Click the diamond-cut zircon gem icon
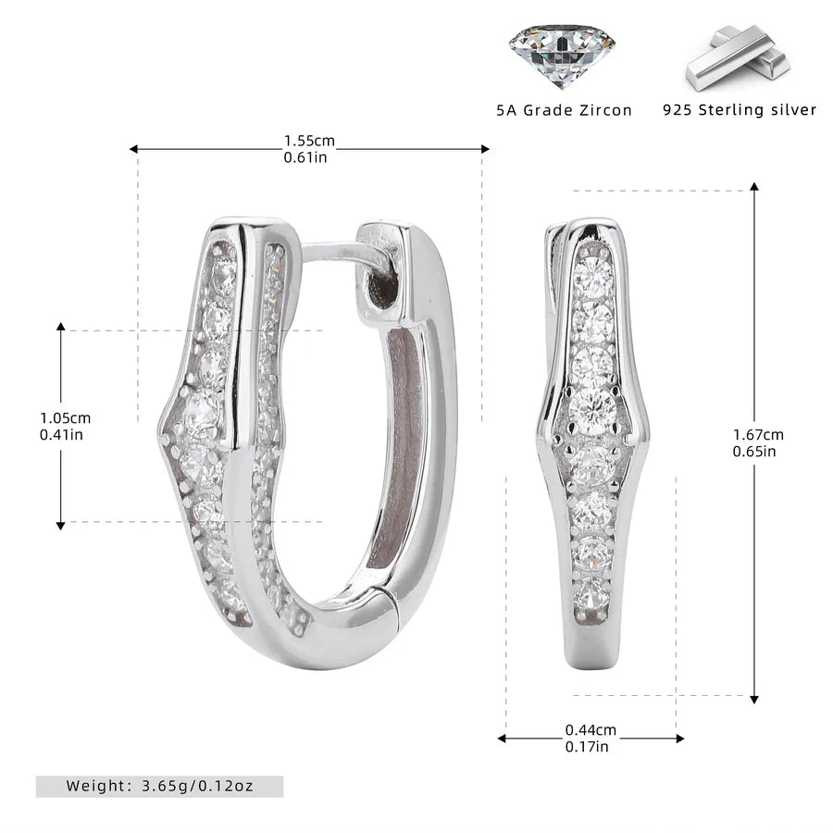[562, 55]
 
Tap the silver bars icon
[738, 57]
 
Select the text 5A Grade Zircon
[565, 110]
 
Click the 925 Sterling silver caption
[740, 110]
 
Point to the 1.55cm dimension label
[309, 141]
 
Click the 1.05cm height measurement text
[66, 418]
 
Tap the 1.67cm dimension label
[758, 435]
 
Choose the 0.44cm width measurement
[591, 730]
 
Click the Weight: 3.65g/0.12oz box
[159, 786]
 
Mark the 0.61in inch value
[305, 157]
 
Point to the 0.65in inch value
[754, 451]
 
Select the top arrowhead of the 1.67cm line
[753, 186]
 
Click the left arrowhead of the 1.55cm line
[134, 149]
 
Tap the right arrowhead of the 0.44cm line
[679, 738]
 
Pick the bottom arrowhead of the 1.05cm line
[60, 526]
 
